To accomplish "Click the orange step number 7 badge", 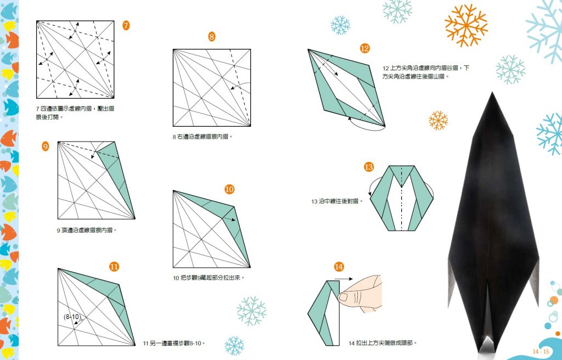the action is (x=126, y=25).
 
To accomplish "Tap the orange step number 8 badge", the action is (x=212, y=37).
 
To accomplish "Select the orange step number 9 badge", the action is (x=45, y=147).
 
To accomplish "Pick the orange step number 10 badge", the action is (x=229, y=189).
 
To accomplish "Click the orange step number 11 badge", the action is (x=114, y=267).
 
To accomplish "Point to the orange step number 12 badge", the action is (x=365, y=48).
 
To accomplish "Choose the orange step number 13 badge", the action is (x=369, y=167).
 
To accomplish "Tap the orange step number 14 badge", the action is (x=339, y=267).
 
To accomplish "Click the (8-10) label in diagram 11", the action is (x=72, y=317).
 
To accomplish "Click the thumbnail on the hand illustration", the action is (x=344, y=297).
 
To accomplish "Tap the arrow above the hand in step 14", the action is (x=344, y=279).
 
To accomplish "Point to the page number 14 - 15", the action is (x=541, y=351).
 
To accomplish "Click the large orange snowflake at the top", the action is (x=467, y=25).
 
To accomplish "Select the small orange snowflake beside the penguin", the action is (x=439, y=121).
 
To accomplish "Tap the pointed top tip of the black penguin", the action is (x=492, y=93).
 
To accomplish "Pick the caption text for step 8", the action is (x=203, y=137).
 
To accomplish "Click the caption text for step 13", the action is (x=338, y=201).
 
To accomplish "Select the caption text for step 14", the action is (x=383, y=343).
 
